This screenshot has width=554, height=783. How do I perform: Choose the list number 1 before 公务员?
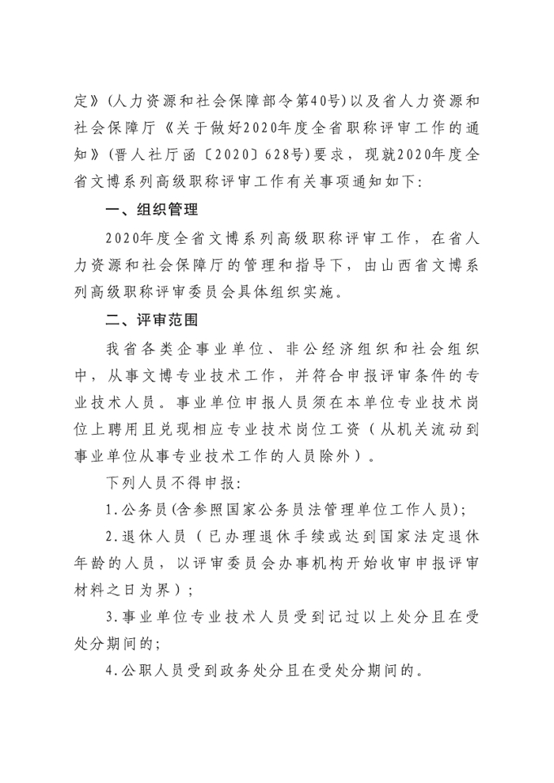click(108, 508)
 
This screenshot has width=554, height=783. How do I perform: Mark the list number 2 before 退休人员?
click(108, 536)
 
